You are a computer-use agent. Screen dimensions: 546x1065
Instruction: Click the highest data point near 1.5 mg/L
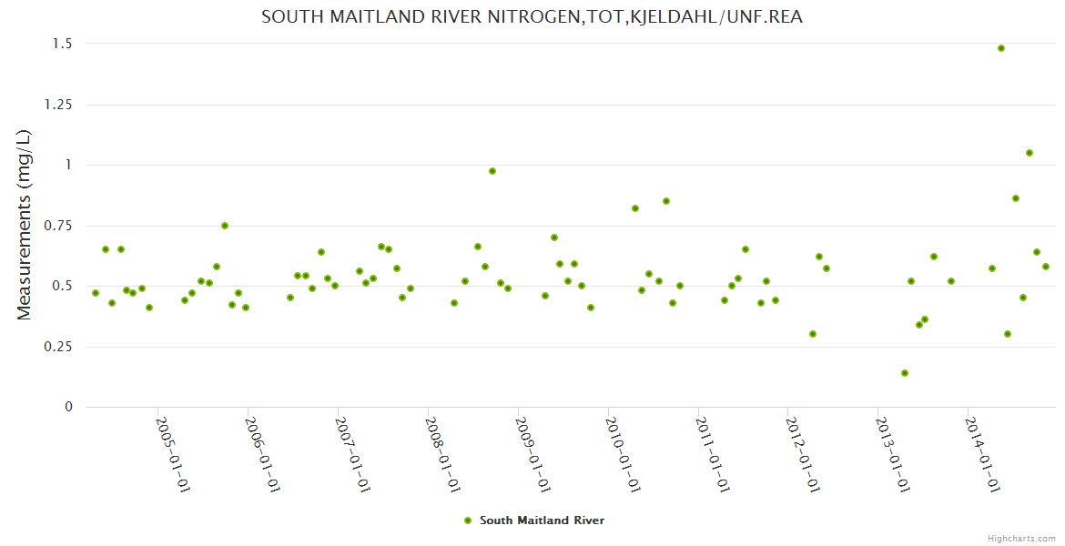[x=1001, y=48]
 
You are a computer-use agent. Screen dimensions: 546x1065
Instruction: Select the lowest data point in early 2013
[x=905, y=373]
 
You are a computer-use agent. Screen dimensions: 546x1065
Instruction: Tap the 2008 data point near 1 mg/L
[x=492, y=171]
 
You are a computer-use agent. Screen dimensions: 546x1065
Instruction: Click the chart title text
[x=532, y=16]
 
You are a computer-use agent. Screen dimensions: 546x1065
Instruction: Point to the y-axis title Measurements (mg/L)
[x=25, y=225]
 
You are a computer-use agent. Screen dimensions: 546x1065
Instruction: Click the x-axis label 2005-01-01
[x=172, y=455]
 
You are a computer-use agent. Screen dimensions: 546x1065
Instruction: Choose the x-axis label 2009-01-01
[x=532, y=455]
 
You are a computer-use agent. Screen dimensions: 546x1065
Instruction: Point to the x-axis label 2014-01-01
[x=983, y=455]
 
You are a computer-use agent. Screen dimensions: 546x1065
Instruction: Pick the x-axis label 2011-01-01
[x=713, y=455]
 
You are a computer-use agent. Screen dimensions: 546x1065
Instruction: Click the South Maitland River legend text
[x=542, y=521]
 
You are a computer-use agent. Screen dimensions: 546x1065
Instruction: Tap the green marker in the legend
[x=468, y=521]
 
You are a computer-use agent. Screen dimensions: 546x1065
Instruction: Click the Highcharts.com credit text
[x=1021, y=538]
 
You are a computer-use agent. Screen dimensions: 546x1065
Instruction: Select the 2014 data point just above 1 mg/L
[x=1029, y=153]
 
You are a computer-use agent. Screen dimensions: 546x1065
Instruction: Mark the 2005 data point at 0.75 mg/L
[x=225, y=226]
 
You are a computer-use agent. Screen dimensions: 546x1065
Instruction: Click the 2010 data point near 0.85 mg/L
[x=666, y=201]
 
